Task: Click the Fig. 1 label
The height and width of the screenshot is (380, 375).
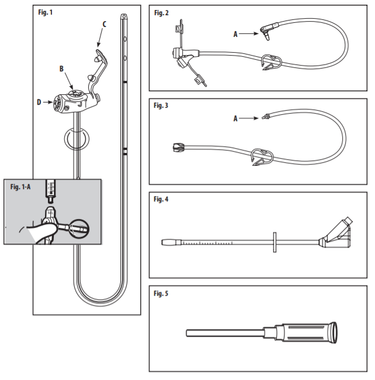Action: (45, 12)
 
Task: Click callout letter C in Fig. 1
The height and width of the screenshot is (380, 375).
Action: (104, 25)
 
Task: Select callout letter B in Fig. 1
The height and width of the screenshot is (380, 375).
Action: (61, 69)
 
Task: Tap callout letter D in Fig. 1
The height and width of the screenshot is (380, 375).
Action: (39, 103)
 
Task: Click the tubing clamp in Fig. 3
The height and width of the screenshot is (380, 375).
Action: (262, 159)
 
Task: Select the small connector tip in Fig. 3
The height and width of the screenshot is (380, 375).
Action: (266, 118)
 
